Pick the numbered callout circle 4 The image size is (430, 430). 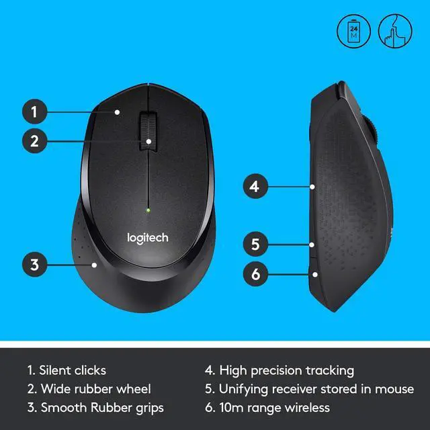253,185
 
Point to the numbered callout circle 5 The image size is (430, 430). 253,244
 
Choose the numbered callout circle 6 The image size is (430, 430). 253,273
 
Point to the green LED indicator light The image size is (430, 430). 148,210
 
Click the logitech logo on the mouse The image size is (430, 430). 148,237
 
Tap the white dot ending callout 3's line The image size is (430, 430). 95,264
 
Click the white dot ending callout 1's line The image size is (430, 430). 117,112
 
